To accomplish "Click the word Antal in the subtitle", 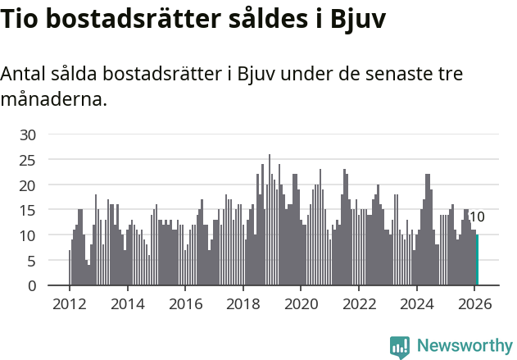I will click(25, 74).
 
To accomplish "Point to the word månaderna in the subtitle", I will click(53, 100).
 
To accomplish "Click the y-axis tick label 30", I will click(28, 134).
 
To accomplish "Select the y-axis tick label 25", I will click(28, 160).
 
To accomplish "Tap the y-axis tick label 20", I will click(28, 185).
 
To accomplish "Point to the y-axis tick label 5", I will click(32, 261).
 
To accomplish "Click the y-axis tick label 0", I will click(32, 286).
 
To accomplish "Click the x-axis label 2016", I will click(185, 303).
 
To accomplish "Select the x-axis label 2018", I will click(243, 303).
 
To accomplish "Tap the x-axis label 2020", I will click(301, 303).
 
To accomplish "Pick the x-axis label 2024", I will click(417, 303).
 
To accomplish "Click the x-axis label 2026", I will click(475, 303).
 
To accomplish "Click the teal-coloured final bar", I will click(478, 261).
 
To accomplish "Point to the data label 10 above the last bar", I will click(477, 217).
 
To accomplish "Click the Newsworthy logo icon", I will click(400, 347).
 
